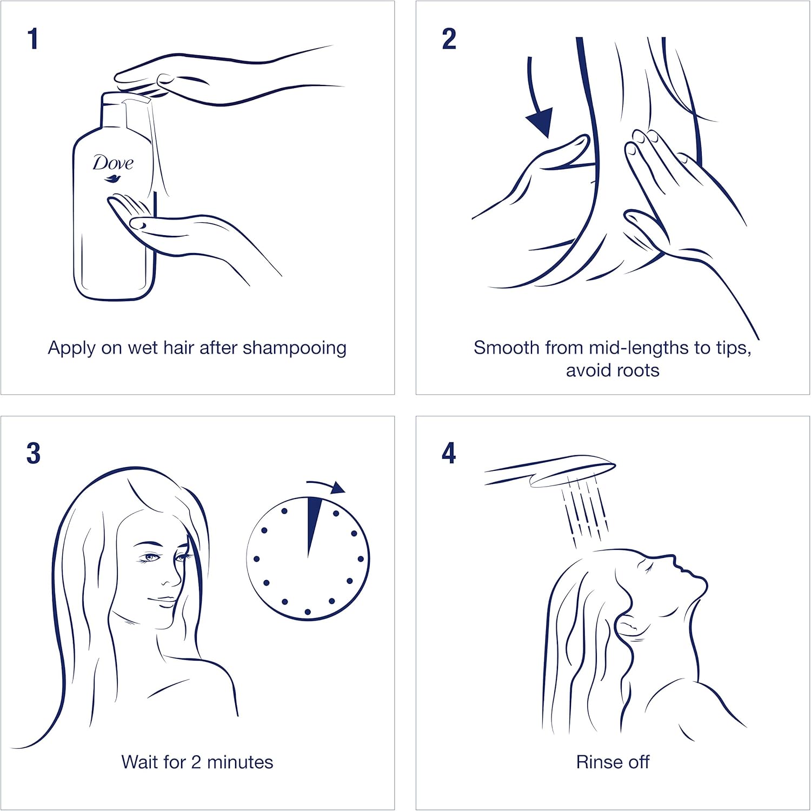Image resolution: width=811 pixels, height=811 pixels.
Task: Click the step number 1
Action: pos(33,39)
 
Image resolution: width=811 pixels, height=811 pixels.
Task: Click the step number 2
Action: pos(449,39)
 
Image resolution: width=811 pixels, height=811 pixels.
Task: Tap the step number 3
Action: pos(34,453)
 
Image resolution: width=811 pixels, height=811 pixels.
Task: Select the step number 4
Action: pos(449,453)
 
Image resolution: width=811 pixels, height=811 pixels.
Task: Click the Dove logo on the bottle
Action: pos(113,168)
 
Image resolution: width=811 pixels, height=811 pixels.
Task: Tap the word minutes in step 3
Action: pos(240,762)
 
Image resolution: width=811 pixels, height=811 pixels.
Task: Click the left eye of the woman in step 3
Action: pos(149,557)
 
